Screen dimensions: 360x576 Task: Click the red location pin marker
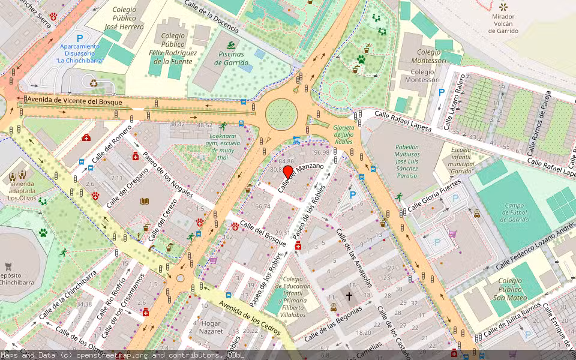[x=287, y=172]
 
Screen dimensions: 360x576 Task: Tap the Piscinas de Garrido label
[x=231, y=58]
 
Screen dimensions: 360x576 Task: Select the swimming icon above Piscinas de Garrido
[x=231, y=45]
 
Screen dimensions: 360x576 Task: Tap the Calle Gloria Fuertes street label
[x=436, y=195]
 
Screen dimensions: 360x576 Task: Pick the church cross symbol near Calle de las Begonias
[x=349, y=296]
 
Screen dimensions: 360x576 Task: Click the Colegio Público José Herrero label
[x=124, y=19]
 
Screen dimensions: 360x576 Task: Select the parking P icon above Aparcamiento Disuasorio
[x=79, y=38]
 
